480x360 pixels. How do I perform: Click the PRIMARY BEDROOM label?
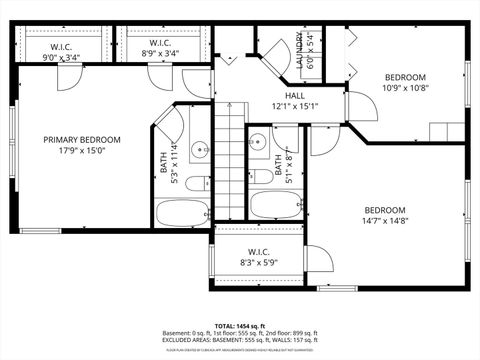pyautogui.click(x=82, y=140)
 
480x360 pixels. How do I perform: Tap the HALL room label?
pyautogui.click(x=266, y=96)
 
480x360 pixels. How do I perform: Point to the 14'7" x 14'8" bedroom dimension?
pyautogui.click(x=384, y=222)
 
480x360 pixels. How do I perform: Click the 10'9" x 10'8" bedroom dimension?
pyautogui.click(x=405, y=88)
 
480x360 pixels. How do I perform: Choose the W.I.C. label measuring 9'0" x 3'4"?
pyautogui.click(x=61, y=58)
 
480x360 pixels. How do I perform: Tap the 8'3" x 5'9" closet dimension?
pyautogui.click(x=258, y=263)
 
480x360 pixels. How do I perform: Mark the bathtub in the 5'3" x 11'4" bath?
pyautogui.click(x=182, y=212)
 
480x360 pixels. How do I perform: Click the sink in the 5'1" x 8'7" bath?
pyautogui.click(x=287, y=151)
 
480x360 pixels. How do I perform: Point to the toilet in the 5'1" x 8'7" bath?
pyautogui.click(x=263, y=176)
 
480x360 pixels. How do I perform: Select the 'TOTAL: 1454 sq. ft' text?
pyautogui.click(x=239, y=326)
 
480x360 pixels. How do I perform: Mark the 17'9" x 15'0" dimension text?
pyautogui.click(x=82, y=152)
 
